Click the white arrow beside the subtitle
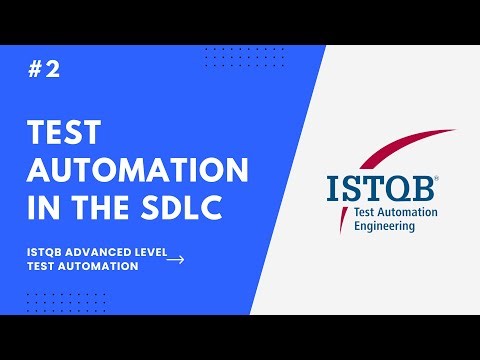(175, 260)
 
